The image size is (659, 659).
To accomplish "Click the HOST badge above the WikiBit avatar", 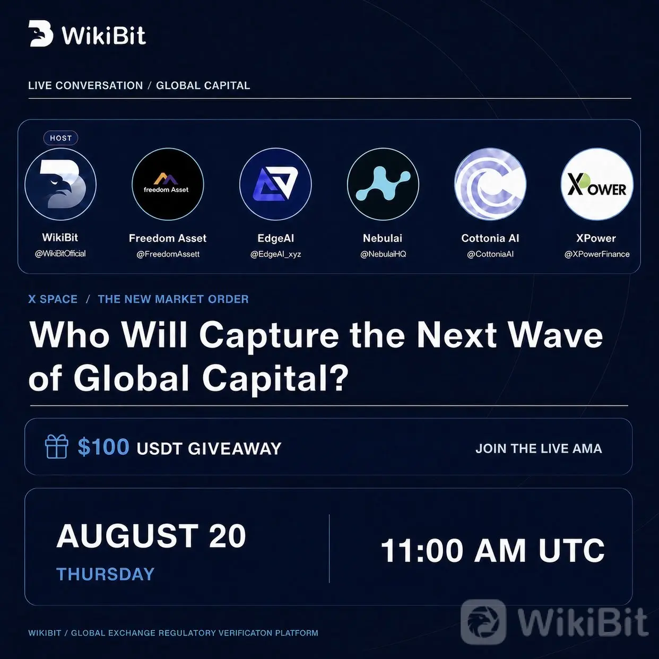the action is pyautogui.click(x=60, y=138).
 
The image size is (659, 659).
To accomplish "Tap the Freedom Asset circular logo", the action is pyautogui.click(x=168, y=184).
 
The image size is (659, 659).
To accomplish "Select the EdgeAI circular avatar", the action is pyautogui.click(x=275, y=184).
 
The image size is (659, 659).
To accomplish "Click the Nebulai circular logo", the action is pyautogui.click(x=383, y=184).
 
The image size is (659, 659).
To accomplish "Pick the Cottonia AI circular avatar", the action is pyautogui.click(x=490, y=184).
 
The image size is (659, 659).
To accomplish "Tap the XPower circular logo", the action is pyautogui.click(x=597, y=184).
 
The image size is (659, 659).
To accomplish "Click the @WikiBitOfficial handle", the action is pyautogui.click(x=60, y=254).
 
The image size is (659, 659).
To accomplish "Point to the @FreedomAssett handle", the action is pyautogui.click(x=168, y=254).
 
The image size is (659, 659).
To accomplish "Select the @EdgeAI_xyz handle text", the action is pyautogui.click(x=275, y=255).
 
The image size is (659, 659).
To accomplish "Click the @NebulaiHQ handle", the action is pyautogui.click(x=383, y=254).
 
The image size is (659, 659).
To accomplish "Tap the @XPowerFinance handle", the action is pyautogui.click(x=597, y=254).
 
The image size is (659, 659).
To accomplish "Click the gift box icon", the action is pyautogui.click(x=56, y=446).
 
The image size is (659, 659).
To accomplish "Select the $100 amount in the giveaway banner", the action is pyautogui.click(x=103, y=447).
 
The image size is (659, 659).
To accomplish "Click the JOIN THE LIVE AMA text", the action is pyautogui.click(x=539, y=448).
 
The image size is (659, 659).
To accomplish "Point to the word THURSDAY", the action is pyautogui.click(x=106, y=574).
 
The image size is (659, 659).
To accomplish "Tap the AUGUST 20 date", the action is pyautogui.click(x=151, y=536).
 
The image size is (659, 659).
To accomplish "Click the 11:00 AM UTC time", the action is pyautogui.click(x=492, y=550).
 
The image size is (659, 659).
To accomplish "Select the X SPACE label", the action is pyautogui.click(x=53, y=299).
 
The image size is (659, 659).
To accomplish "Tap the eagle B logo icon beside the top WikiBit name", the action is pyautogui.click(x=41, y=33).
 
